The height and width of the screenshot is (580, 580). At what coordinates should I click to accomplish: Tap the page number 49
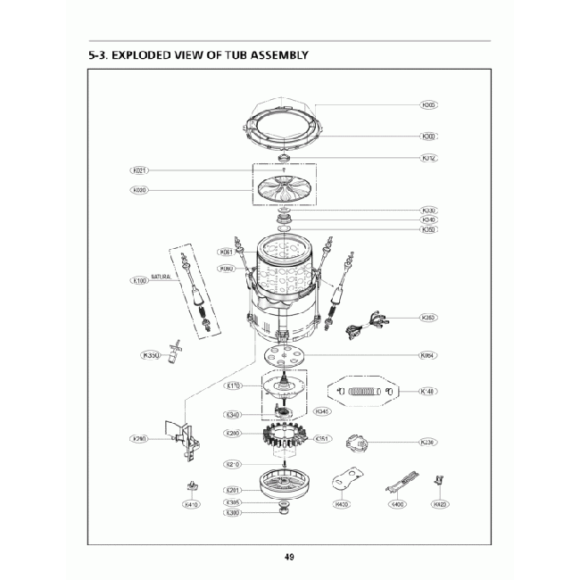(x=290, y=557)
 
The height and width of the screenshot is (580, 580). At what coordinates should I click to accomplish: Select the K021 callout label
(x=139, y=170)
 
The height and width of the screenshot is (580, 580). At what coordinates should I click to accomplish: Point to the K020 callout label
(x=139, y=190)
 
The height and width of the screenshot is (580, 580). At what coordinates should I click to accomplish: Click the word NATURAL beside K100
(x=162, y=278)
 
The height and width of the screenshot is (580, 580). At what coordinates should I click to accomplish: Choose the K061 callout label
(x=226, y=252)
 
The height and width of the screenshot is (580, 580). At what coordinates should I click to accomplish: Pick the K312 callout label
(x=429, y=158)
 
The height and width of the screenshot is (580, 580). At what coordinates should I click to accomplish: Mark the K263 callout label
(x=429, y=317)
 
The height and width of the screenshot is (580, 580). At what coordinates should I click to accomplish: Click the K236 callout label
(x=427, y=442)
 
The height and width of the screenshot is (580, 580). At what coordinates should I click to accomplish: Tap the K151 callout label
(x=322, y=439)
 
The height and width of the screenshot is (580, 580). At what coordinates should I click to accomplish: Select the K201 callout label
(x=234, y=490)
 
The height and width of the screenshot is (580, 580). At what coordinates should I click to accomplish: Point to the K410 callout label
(x=190, y=504)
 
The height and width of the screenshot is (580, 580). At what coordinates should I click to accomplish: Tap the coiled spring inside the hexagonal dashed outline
(x=360, y=391)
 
